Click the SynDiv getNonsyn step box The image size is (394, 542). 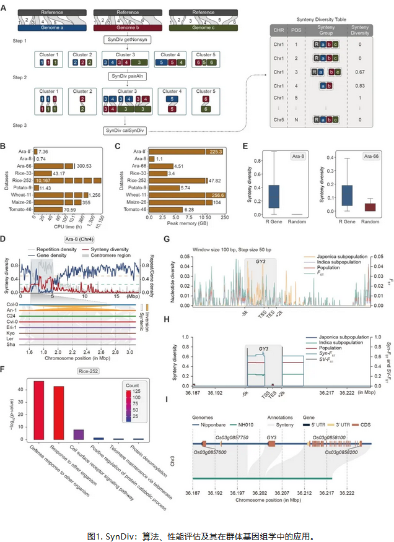point(129,39)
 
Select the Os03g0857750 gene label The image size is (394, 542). point(233,437)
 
